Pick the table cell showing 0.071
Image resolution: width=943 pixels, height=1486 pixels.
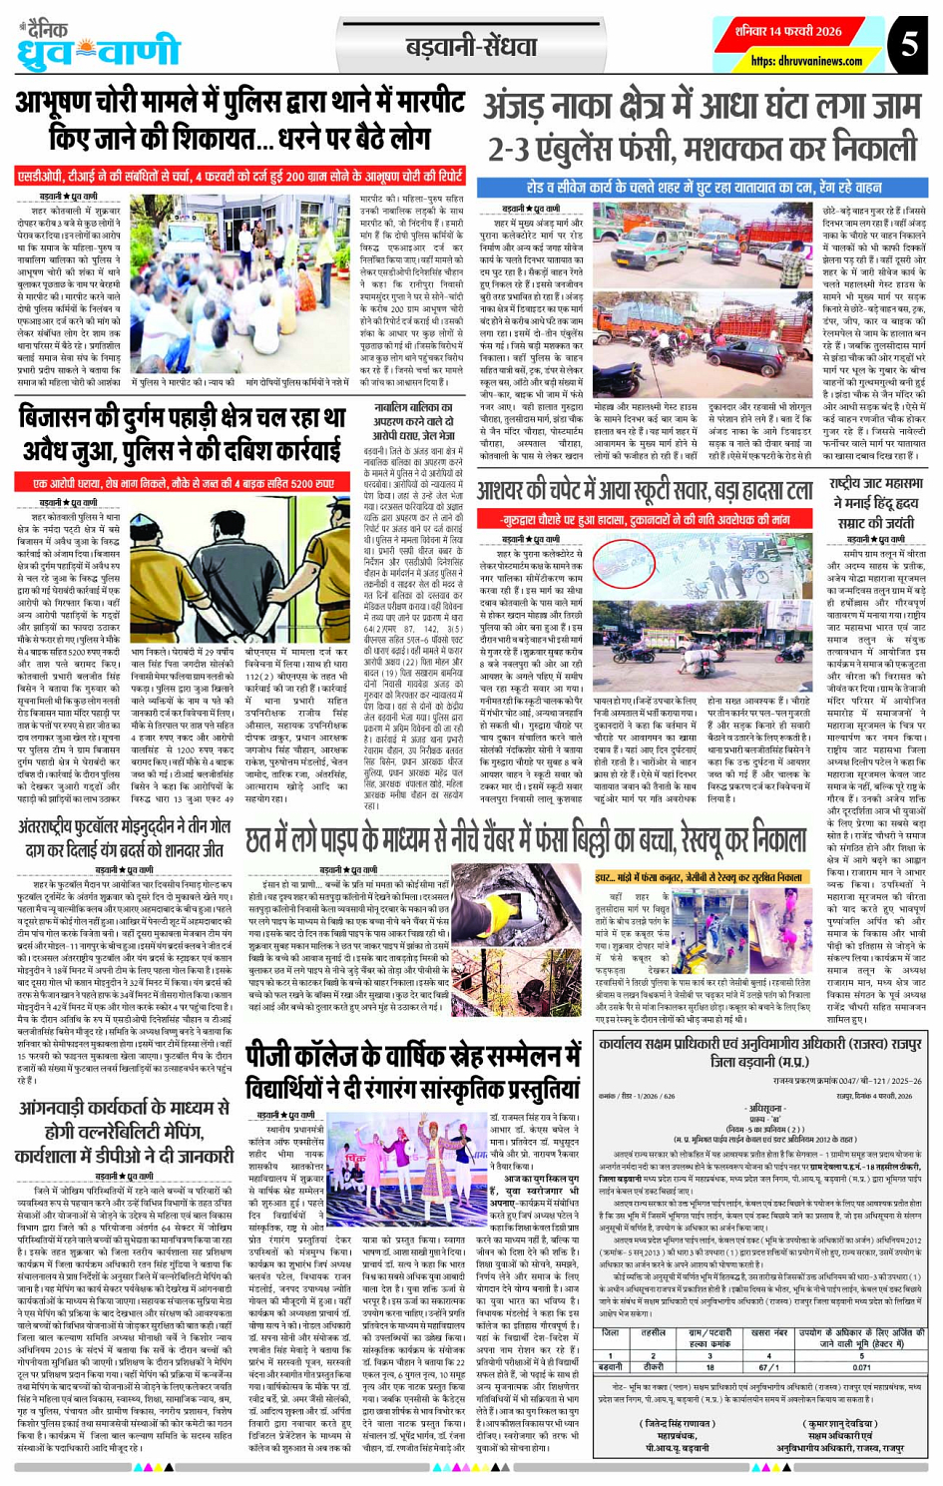click(x=863, y=1367)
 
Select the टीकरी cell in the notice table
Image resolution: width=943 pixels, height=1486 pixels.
click(x=653, y=1367)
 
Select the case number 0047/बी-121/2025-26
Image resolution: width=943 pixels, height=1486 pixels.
click(x=847, y=1080)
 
